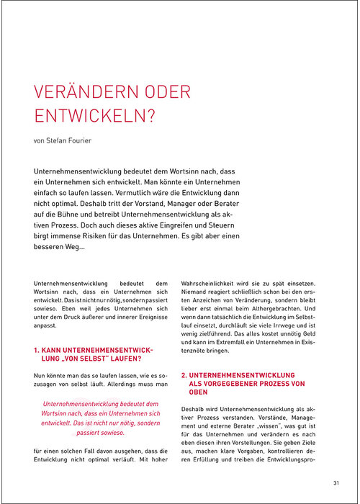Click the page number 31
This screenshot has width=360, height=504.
337,482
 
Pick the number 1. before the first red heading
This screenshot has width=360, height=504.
37,349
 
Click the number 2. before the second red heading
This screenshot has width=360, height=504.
184,375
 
